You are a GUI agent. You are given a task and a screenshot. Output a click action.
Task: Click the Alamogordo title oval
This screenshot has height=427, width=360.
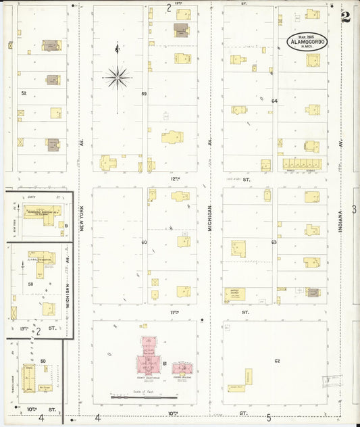pos(308,42)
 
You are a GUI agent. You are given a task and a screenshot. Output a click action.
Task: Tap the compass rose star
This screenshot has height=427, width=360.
pos(118,78)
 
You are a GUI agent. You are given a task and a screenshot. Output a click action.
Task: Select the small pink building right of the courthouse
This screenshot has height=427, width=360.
pos(182,369)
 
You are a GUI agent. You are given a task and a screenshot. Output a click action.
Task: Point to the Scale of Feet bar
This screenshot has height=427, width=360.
pos(140,398)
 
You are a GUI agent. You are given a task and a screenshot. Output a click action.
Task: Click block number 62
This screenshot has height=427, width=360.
pos(277,361)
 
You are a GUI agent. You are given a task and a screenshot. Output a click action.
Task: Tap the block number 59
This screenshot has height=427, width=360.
pos(144,93)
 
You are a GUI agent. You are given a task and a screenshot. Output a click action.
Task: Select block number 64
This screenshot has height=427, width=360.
pos(274,101)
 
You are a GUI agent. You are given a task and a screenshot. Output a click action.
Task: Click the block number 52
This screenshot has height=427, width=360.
pos(24,93)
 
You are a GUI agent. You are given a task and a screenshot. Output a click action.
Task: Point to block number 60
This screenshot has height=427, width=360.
pos(144,242)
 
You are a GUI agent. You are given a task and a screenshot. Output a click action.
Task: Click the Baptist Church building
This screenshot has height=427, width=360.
pos(235,294)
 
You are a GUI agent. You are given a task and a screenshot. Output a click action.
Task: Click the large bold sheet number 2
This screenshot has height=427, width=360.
pos(346,18)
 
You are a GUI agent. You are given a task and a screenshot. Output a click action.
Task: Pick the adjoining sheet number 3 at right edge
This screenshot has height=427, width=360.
pos(354,210)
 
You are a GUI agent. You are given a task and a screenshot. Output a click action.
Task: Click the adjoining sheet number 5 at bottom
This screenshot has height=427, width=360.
pos(269,418)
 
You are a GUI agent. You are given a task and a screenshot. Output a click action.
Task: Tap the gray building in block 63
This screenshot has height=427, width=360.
pos(313,293)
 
